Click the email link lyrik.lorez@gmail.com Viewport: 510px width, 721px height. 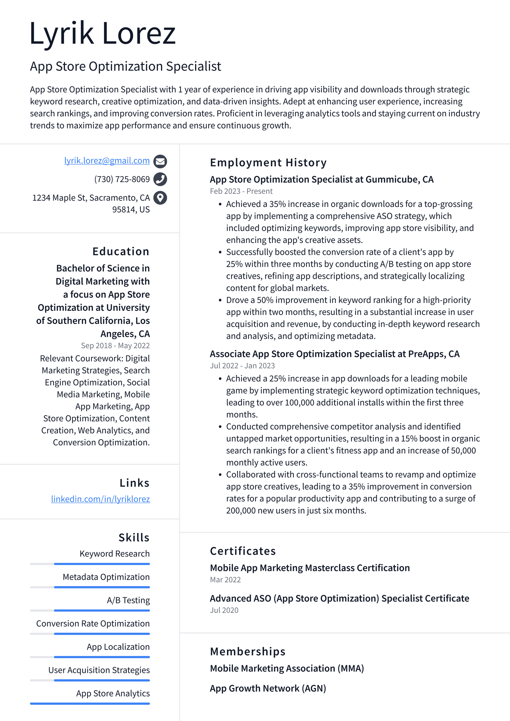[107, 160]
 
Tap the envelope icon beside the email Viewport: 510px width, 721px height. [160, 161]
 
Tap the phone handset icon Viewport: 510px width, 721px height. [160, 179]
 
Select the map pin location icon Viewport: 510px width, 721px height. [160, 198]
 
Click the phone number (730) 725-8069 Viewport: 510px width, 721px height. [122, 179]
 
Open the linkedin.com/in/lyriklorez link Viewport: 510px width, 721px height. [100, 499]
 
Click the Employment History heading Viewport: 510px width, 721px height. [268, 163]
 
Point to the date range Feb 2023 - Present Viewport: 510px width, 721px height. [241, 191]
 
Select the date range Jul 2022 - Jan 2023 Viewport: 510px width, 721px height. [242, 365]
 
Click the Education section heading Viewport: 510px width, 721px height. [121, 251]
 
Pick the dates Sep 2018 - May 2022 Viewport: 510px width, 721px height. [115, 345]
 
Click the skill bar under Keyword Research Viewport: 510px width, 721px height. [90, 564]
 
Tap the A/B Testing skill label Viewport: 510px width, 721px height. [128, 600]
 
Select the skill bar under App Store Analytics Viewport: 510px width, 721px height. [90, 703]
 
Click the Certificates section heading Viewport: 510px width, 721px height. [243, 551]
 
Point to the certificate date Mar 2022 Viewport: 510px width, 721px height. [225, 579]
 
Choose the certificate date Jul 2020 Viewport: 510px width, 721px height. [224, 610]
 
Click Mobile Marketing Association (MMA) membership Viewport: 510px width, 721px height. [287, 668]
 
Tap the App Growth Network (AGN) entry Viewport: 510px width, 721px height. [268, 688]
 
